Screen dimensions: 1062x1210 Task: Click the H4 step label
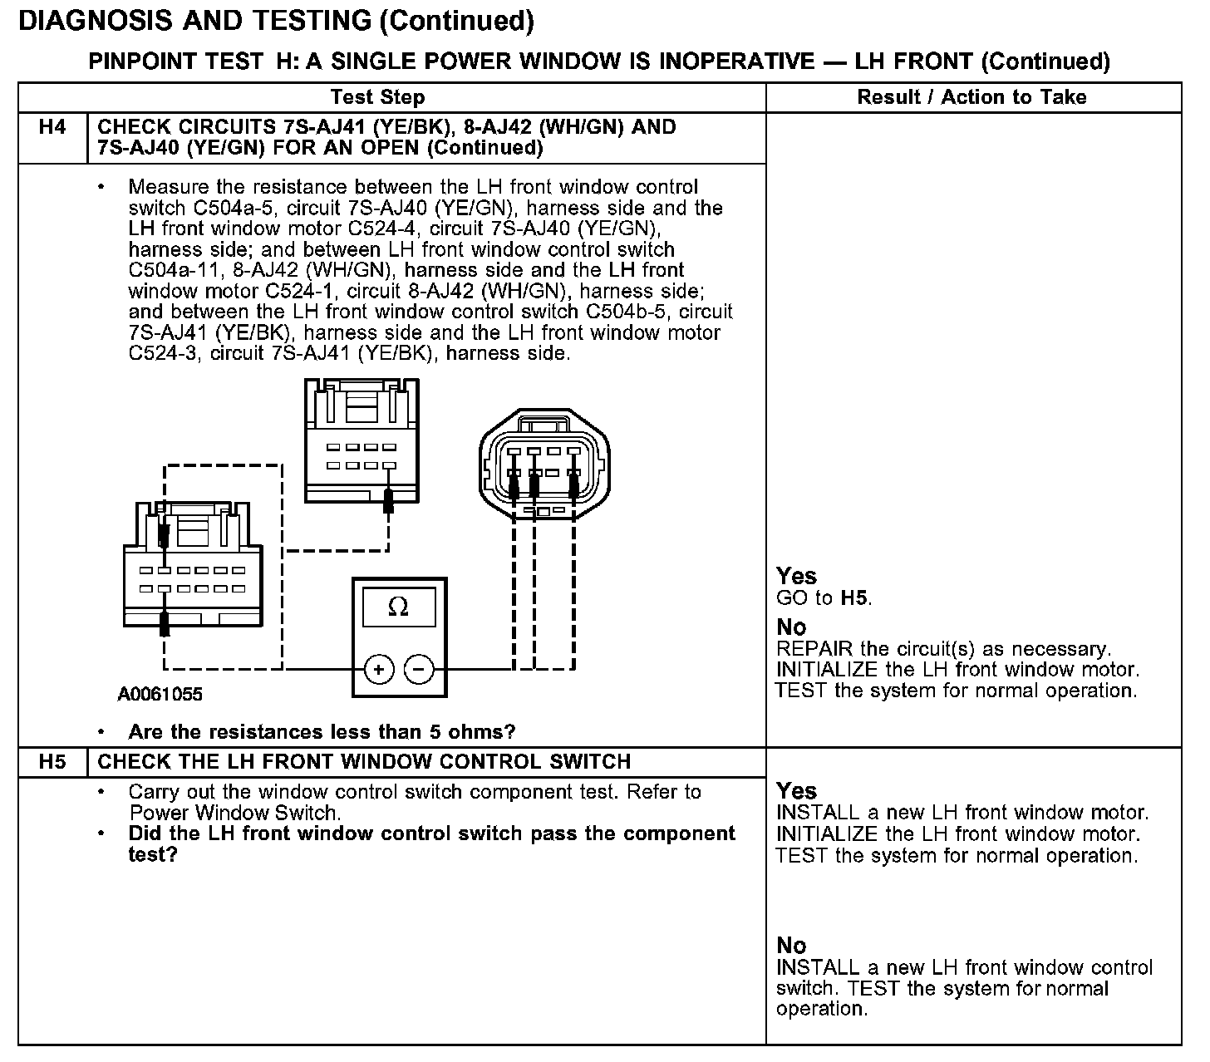[x=52, y=128]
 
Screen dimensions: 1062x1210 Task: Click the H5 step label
[x=52, y=762]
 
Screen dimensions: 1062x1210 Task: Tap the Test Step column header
[x=377, y=97]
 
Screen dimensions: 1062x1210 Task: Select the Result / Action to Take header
[x=971, y=97]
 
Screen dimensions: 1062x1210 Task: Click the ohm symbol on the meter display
[x=398, y=607]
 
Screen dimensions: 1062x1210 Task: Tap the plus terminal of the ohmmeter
[x=379, y=669]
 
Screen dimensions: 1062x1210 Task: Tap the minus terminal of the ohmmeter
[x=419, y=669]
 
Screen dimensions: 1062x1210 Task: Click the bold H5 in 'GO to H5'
[x=855, y=598]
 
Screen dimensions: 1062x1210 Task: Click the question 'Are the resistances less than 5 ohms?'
[x=322, y=732]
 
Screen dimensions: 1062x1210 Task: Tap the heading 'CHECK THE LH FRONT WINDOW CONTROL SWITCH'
[x=364, y=762]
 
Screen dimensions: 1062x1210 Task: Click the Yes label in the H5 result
[x=796, y=791]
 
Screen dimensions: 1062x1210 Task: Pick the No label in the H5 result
[x=791, y=946]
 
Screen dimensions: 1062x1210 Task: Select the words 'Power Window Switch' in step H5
[x=234, y=813]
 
